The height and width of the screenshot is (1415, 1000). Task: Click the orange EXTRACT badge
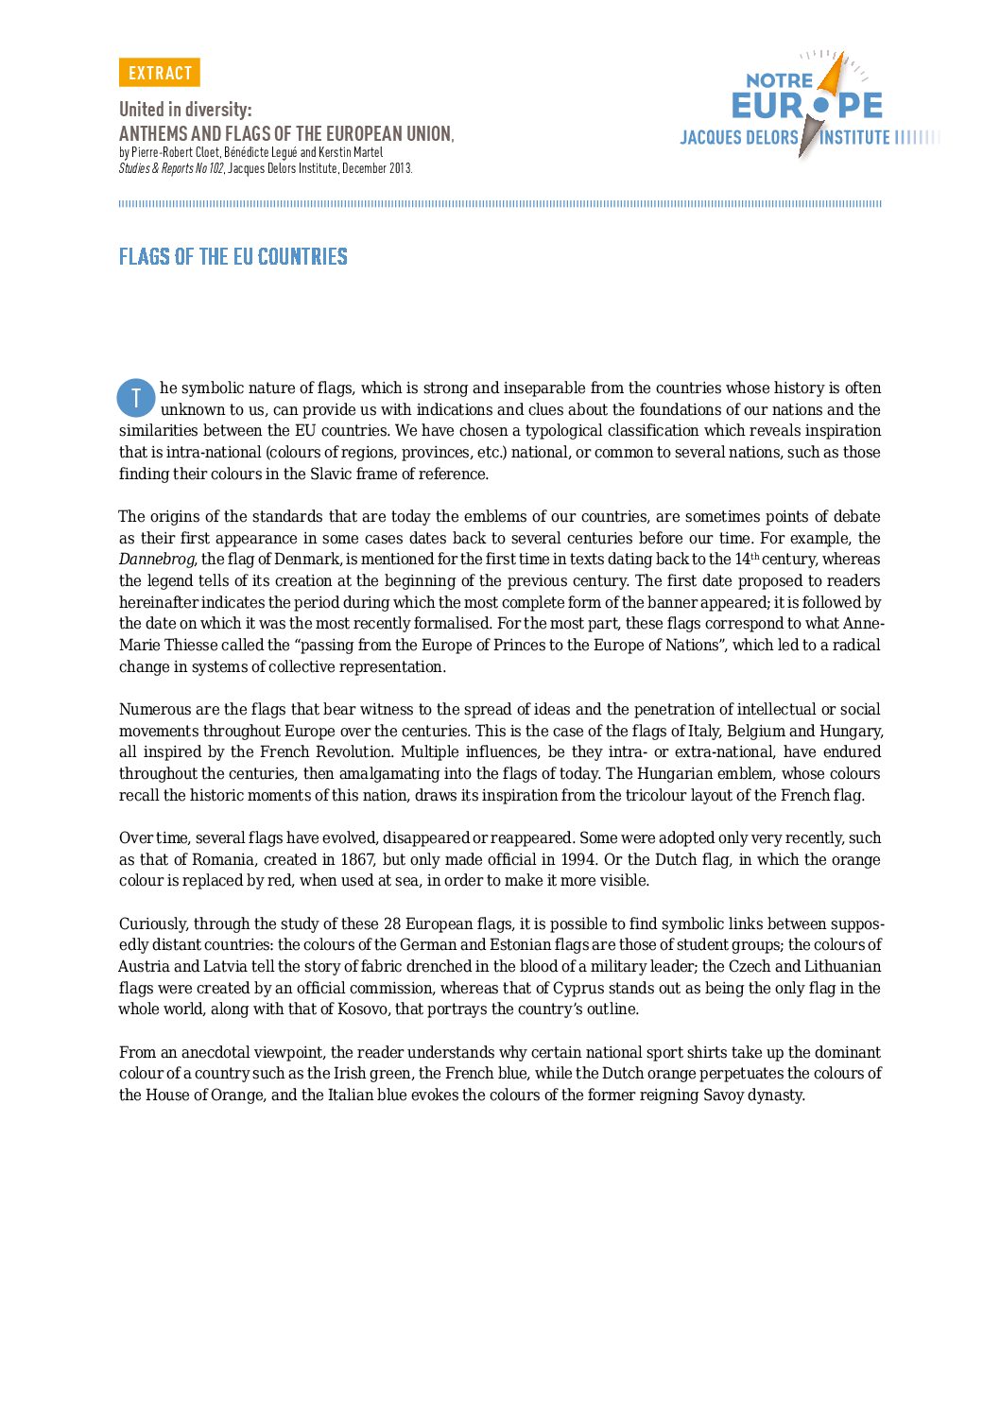(x=159, y=73)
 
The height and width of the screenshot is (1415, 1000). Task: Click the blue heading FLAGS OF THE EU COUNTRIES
(x=233, y=256)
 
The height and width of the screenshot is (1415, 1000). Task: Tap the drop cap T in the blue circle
(x=136, y=399)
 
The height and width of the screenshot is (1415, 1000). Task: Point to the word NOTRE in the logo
(x=779, y=80)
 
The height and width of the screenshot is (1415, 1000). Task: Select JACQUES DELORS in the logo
(x=738, y=138)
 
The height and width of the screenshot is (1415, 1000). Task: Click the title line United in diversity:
(x=185, y=109)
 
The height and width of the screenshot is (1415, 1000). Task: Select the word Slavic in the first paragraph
(x=333, y=474)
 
